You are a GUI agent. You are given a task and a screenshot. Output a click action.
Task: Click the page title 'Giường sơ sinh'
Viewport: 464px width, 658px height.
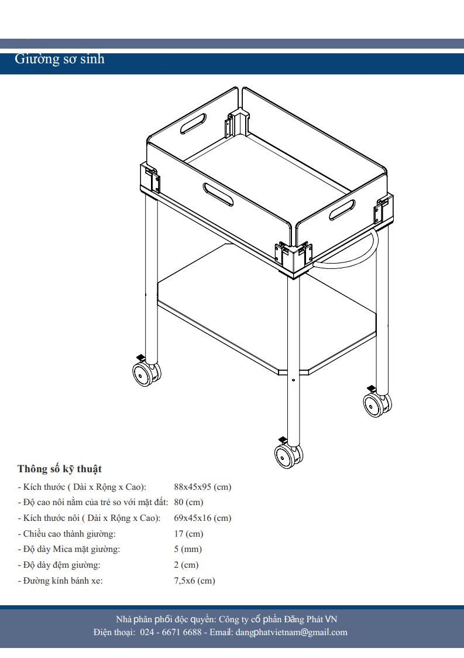point(60,59)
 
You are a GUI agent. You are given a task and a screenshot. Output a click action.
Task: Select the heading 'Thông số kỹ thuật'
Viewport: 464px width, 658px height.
point(60,469)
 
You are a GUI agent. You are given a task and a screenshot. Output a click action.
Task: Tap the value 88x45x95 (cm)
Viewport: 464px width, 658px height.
point(202,487)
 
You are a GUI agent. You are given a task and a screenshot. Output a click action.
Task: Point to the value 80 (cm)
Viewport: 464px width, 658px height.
point(188,502)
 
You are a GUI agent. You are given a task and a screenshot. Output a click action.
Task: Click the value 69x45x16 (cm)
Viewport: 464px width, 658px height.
point(202,518)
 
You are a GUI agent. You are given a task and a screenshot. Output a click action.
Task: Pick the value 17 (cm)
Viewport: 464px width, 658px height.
point(188,534)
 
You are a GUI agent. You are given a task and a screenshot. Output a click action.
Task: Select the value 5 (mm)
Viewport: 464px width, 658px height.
point(188,549)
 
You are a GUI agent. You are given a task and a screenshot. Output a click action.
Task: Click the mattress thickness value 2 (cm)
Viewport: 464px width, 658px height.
point(186,565)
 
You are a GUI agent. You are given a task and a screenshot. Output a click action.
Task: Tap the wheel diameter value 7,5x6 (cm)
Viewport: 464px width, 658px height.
point(194,581)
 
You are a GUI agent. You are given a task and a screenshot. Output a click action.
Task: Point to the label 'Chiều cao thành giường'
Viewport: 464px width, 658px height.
point(69,534)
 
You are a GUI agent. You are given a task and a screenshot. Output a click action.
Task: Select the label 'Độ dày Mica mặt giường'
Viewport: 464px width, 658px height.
point(71,549)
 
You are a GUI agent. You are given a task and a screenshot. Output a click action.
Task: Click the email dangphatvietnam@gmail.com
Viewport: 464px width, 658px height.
point(291,632)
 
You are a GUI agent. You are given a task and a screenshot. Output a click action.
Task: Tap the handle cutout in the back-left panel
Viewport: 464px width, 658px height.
point(193,124)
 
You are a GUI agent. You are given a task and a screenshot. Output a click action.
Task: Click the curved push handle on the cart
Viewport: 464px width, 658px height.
point(351,258)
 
